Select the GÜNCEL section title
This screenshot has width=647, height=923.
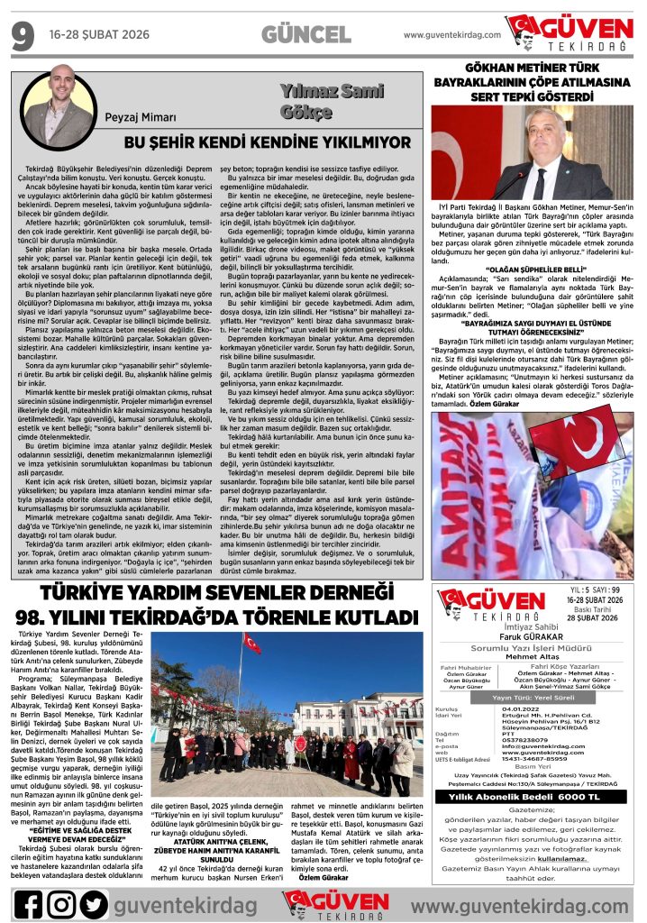(305, 34)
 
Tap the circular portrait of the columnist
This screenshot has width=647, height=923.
(59, 101)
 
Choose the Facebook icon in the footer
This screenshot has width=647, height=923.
(27, 903)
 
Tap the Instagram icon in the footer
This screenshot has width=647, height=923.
(60, 903)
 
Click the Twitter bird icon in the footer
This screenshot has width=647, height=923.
(93, 903)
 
